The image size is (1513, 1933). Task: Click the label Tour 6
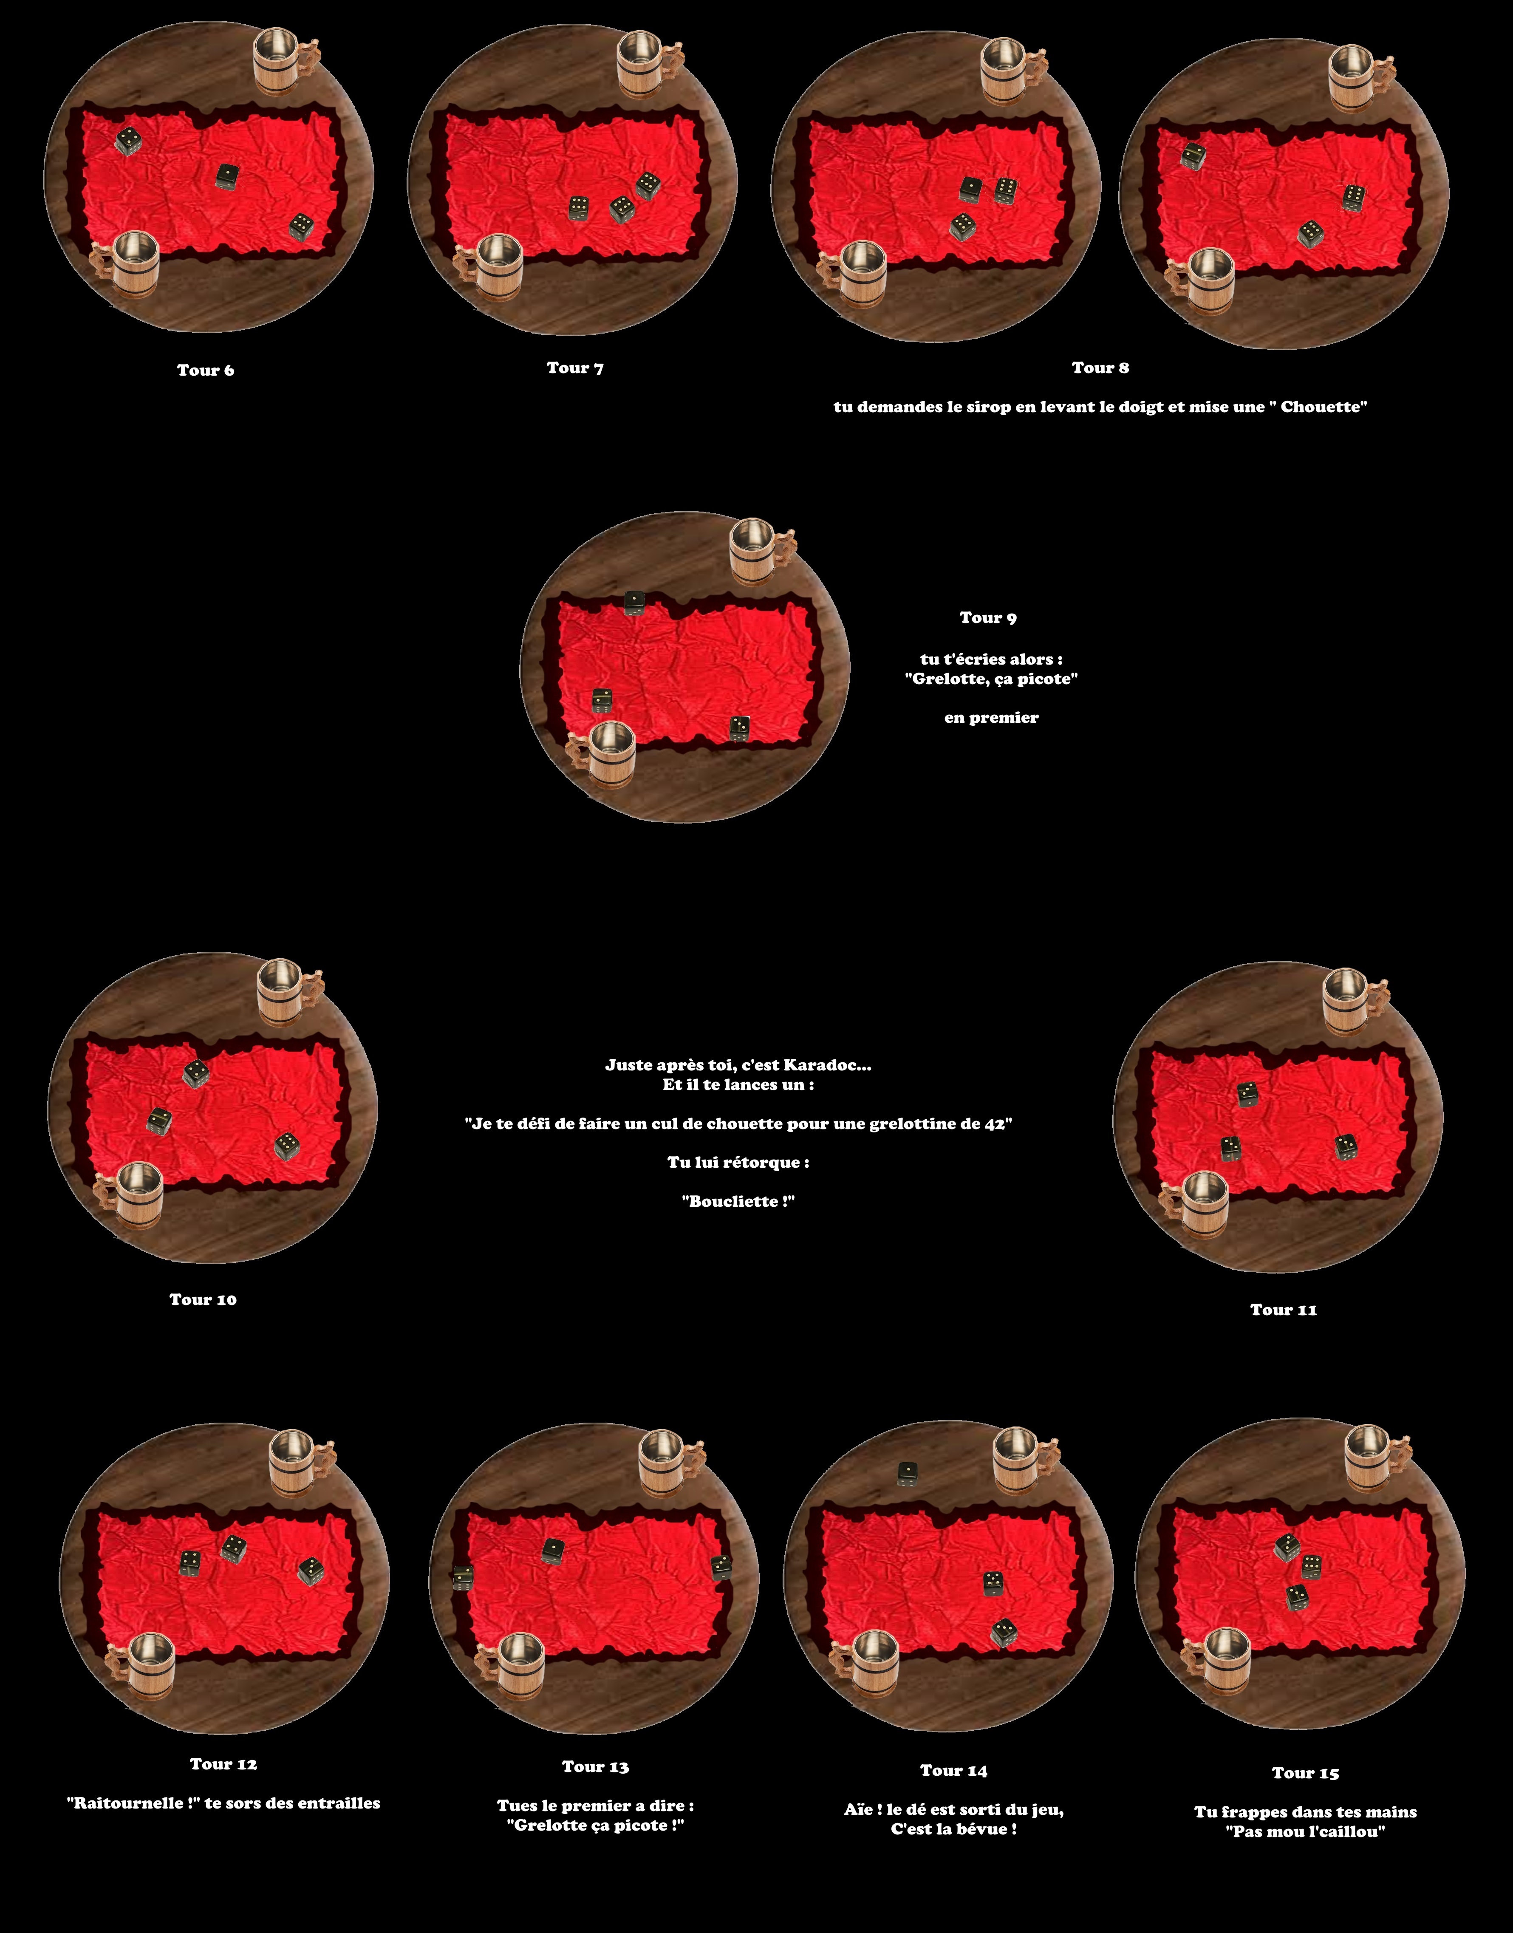tap(206, 370)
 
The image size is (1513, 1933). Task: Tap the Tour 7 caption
tap(575, 368)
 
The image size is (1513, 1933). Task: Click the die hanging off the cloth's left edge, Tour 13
tap(462, 1578)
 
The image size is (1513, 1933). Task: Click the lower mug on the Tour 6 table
tap(126, 264)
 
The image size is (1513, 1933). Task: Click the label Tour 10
tap(203, 1299)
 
